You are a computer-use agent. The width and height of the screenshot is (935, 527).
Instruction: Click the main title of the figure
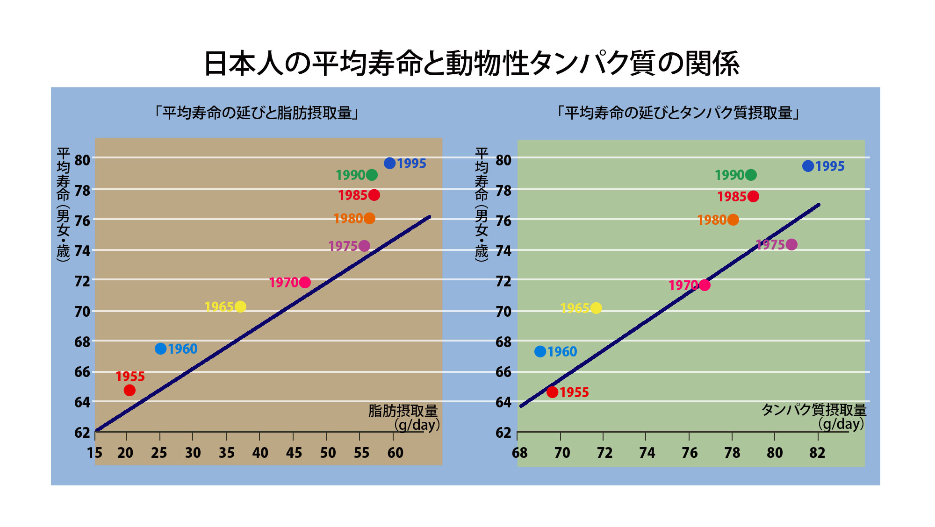click(471, 64)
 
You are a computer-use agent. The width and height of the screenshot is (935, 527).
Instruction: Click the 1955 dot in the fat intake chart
click(129, 390)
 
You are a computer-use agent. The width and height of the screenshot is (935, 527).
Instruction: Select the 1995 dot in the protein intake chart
click(808, 166)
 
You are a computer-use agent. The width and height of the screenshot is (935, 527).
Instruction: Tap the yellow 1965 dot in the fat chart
click(240, 306)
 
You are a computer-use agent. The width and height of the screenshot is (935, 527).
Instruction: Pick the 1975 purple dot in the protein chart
click(791, 244)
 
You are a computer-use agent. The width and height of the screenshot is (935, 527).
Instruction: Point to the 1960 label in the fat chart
click(182, 349)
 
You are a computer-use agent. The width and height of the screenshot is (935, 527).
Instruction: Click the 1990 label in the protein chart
click(729, 175)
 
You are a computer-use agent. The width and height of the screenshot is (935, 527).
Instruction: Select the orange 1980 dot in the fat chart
click(369, 218)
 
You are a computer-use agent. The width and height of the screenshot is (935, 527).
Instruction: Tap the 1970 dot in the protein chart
click(705, 285)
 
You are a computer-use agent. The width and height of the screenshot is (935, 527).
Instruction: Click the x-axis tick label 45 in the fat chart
click(294, 453)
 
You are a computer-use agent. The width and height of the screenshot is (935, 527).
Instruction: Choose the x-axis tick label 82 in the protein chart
click(817, 453)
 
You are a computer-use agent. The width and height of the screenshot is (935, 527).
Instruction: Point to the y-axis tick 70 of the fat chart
click(82, 312)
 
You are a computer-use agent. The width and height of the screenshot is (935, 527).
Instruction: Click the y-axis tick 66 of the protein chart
click(503, 372)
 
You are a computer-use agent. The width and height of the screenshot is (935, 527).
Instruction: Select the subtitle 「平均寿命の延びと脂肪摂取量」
click(257, 113)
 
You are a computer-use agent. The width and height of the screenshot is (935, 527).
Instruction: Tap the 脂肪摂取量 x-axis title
click(403, 411)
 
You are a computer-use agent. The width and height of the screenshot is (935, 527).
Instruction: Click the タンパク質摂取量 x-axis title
click(814, 410)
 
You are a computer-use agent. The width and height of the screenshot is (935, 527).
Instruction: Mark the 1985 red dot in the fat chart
click(374, 195)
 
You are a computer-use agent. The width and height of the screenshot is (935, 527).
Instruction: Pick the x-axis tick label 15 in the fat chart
click(94, 453)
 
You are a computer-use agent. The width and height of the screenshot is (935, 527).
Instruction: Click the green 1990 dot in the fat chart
click(372, 175)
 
